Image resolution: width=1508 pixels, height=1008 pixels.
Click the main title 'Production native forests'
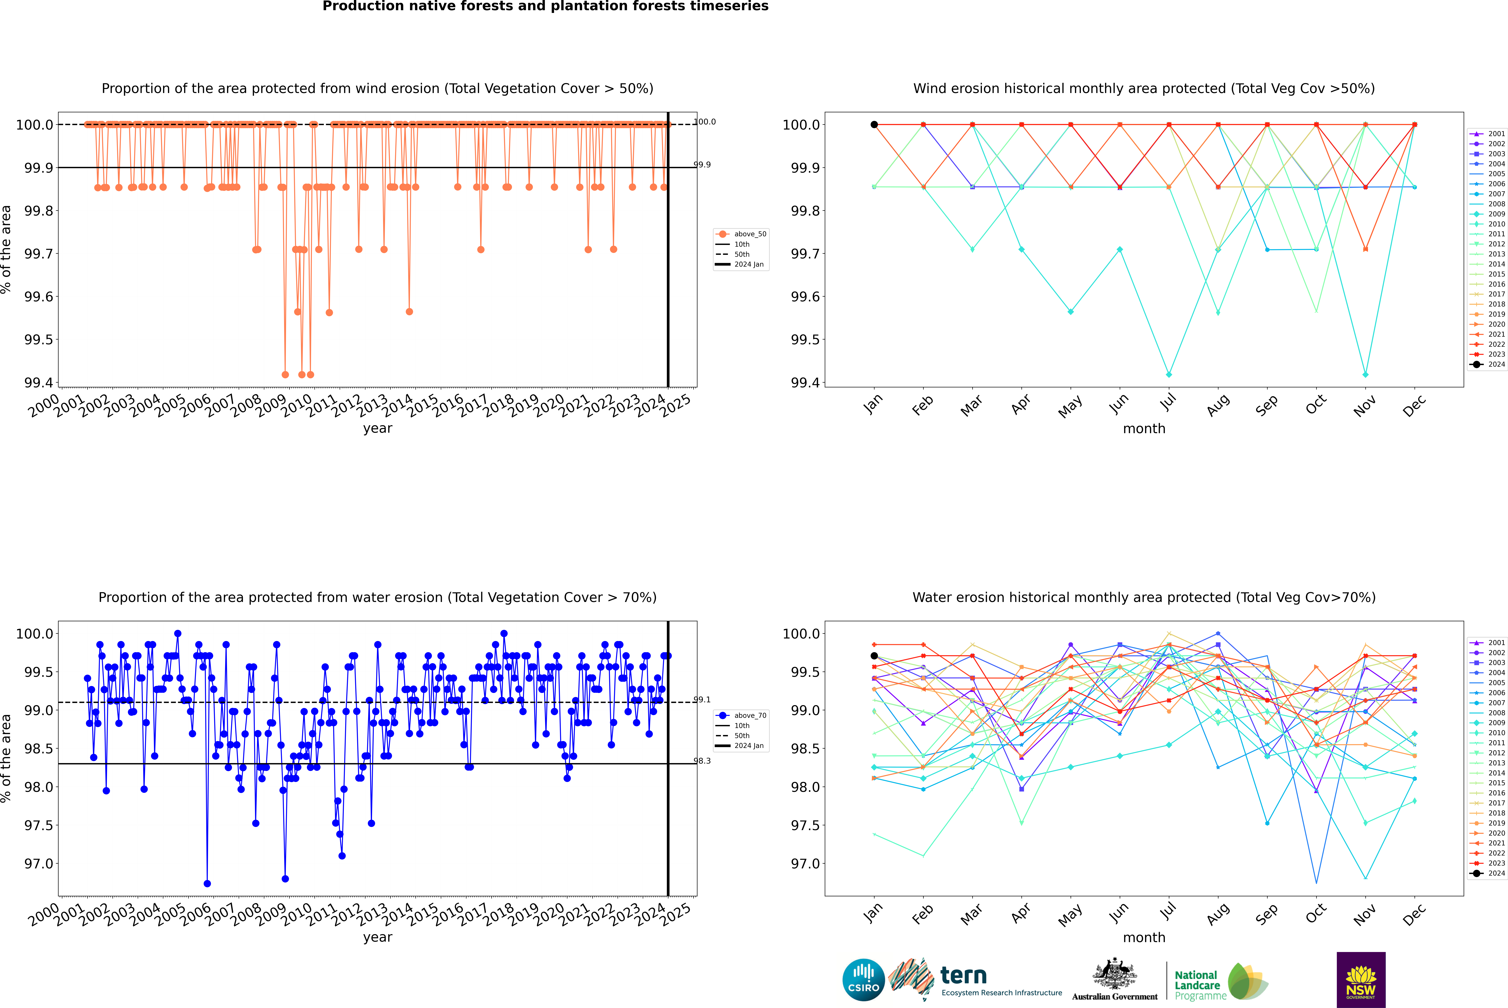pos(545,6)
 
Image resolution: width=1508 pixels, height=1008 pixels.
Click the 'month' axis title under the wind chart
pos(1143,429)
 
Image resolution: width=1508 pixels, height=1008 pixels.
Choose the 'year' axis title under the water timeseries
pos(377,937)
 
